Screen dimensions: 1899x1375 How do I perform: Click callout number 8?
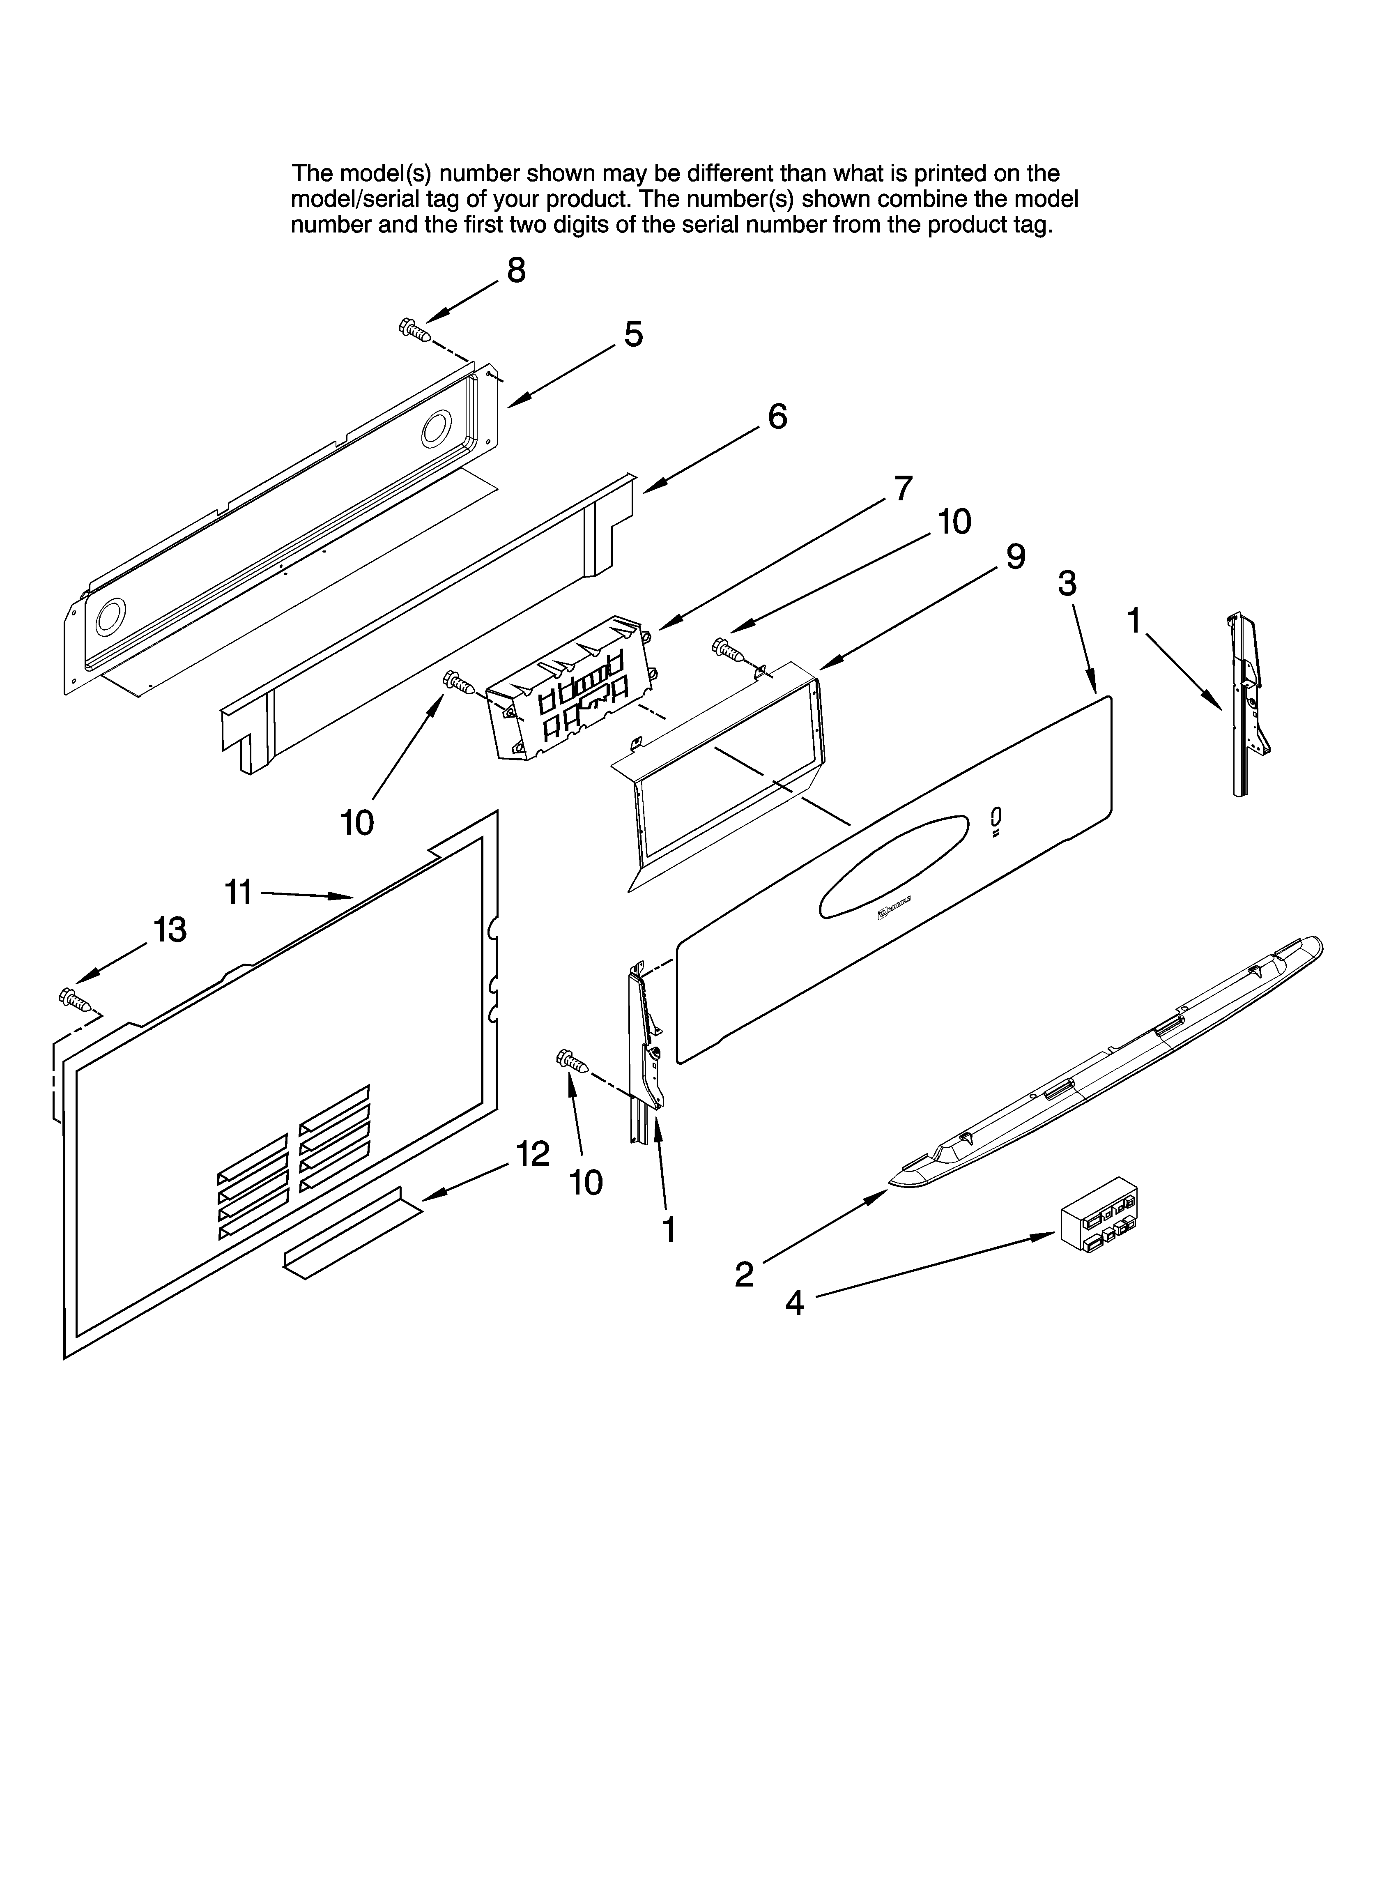pyautogui.click(x=517, y=270)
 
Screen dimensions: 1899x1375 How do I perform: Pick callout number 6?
pyautogui.click(x=777, y=416)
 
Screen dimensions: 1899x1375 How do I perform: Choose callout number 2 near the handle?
pyautogui.click(x=744, y=1275)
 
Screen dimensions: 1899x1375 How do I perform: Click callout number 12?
pyautogui.click(x=533, y=1155)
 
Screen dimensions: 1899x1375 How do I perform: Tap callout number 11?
pyautogui.click(x=239, y=893)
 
